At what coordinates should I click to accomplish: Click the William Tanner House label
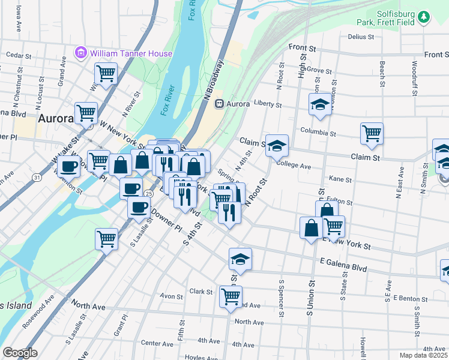(x=131, y=53)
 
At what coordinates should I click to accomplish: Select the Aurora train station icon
(x=220, y=103)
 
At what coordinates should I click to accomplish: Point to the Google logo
(x=20, y=353)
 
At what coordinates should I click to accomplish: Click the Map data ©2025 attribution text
(x=423, y=355)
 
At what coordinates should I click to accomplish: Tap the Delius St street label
(x=361, y=37)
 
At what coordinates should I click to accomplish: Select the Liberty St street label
(x=268, y=104)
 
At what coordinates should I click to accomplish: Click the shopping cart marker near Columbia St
(x=372, y=133)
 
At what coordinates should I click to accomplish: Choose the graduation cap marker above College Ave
(x=277, y=145)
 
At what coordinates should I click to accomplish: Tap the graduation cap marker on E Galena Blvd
(x=240, y=259)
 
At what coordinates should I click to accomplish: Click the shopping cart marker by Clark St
(x=231, y=296)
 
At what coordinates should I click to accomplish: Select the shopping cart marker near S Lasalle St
(x=106, y=238)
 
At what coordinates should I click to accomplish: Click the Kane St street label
(x=340, y=179)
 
